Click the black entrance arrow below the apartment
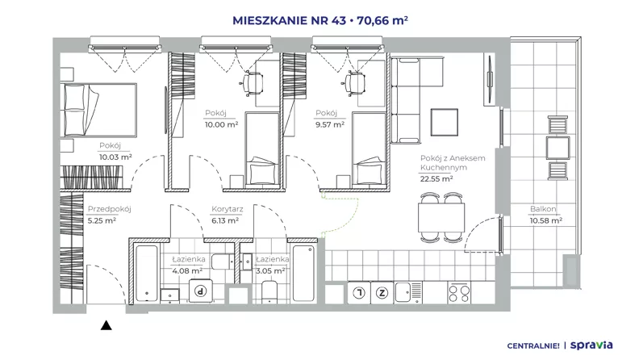click(106, 325)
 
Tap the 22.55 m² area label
click(436, 178)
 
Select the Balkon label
click(543, 209)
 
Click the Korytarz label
click(227, 209)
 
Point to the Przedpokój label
click(109, 209)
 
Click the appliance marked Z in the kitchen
click(382, 293)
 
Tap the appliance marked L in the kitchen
click(359, 293)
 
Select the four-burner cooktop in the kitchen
click(459, 293)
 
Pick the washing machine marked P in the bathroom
click(201, 291)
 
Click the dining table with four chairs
click(441, 218)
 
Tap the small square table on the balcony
click(558, 148)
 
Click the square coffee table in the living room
click(445, 123)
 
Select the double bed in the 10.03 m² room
click(98, 110)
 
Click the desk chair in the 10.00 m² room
click(252, 83)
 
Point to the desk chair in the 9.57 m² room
click(353, 83)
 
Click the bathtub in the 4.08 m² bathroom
click(147, 273)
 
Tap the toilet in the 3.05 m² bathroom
click(269, 292)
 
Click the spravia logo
click(591, 345)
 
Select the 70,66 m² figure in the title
click(382, 20)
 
